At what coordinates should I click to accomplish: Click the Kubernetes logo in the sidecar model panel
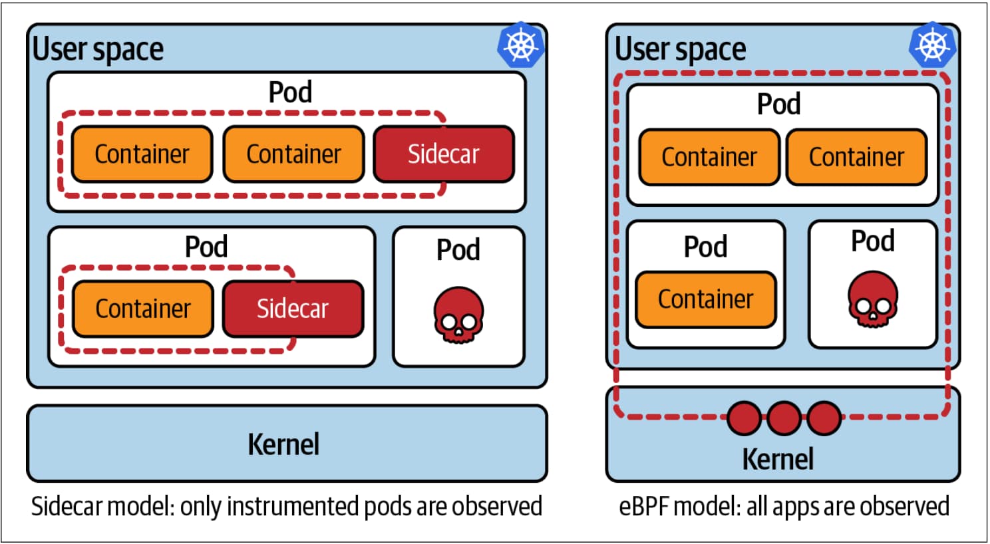[x=521, y=45]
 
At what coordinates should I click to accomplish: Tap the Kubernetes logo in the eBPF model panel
[x=933, y=45]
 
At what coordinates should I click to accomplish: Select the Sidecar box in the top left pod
[x=444, y=154]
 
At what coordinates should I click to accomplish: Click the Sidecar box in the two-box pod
[x=293, y=309]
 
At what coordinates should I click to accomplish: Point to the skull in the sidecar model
[x=458, y=315]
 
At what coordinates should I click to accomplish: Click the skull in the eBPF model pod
[x=872, y=300]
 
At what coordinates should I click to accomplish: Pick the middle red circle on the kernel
[x=784, y=418]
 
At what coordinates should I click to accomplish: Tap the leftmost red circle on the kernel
[x=744, y=418]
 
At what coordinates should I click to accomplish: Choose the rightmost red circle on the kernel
[x=824, y=418]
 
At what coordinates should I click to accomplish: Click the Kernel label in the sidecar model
[x=284, y=444]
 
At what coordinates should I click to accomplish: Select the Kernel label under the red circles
[x=778, y=460]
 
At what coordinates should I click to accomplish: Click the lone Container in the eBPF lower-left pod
[x=706, y=299]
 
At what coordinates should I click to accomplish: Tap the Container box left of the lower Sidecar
[x=143, y=309]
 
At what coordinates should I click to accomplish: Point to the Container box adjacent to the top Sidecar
[x=293, y=154]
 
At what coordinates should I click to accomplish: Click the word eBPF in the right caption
[x=643, y=507]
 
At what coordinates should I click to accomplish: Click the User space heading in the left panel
[x=98, y=49]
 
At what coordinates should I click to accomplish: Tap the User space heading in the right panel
[x=680, y=49]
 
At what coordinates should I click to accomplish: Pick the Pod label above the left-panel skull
[x=458, y=250]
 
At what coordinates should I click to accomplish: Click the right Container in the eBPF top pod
[x=856, y=158]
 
